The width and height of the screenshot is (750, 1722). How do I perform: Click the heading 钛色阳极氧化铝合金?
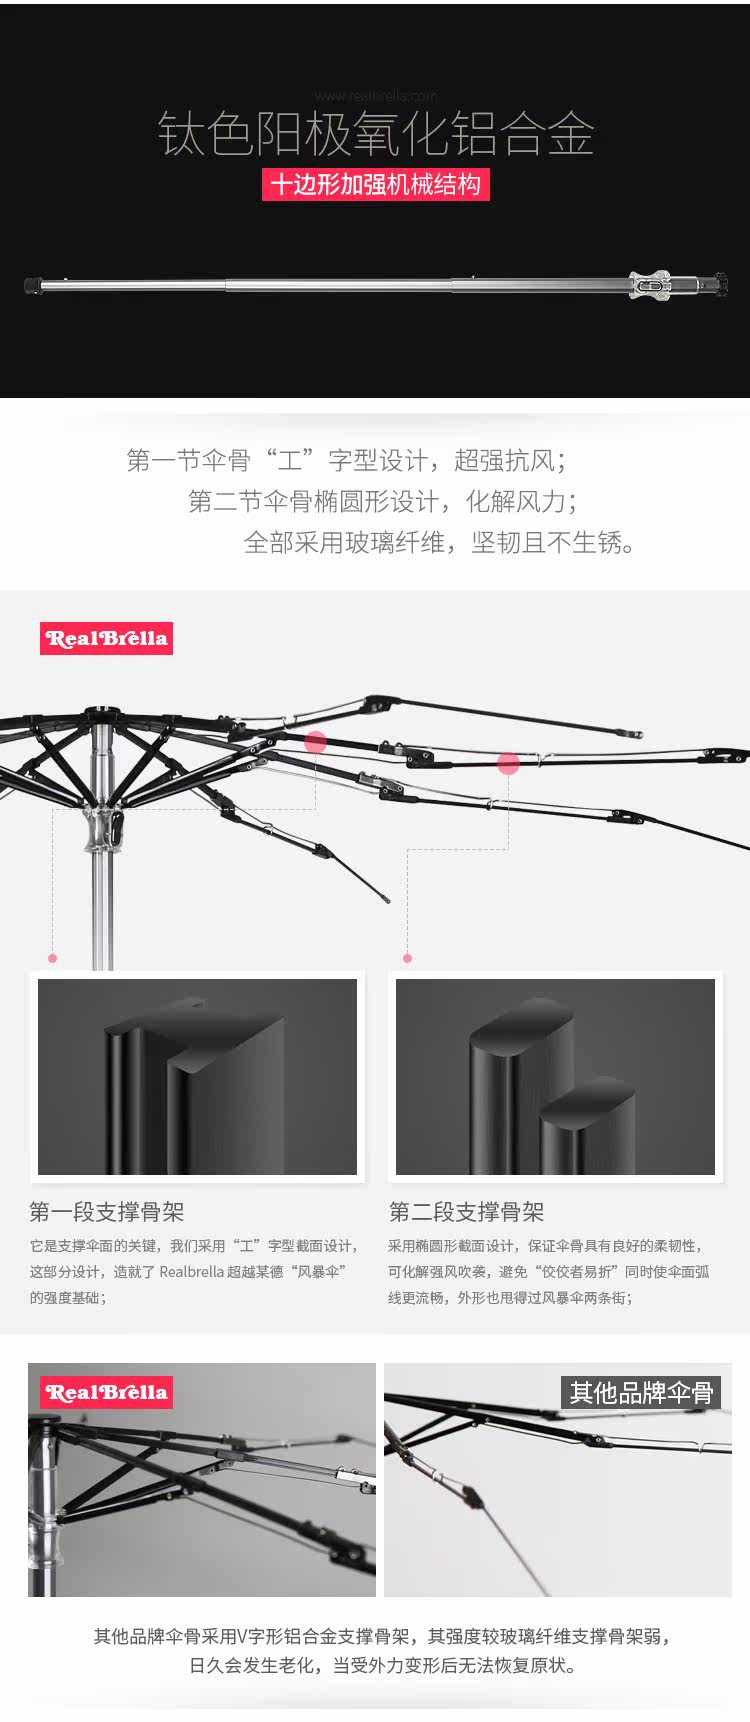click(x=376, y=134)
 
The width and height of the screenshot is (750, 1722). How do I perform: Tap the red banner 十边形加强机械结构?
click(x=376, y=185)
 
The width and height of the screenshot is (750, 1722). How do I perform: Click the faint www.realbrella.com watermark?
click(x=376, y=96)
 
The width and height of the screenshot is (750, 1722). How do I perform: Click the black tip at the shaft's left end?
click(x=32, y=286)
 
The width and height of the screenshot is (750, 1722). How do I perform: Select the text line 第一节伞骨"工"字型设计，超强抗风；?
click(x=347, y=460)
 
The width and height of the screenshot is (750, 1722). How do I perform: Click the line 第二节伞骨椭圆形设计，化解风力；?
click(x=383, y=501)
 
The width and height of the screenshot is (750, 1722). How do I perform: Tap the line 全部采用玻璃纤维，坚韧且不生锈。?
click(x=440, y=542)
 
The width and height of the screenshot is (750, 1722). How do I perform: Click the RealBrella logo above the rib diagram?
click(x=106, y=639)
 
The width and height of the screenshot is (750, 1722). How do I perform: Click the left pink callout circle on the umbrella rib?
click(x=316, y=742)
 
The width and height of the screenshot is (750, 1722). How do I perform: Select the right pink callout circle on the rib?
click(x=508, y=764)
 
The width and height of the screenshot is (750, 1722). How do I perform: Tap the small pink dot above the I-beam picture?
click(x=53, y=958)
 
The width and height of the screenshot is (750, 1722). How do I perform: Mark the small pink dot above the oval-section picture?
click(x=407, y=958)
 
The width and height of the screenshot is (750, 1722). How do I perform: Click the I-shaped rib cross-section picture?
click(x=197, y=1076)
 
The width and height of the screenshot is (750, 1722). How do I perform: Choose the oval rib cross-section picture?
click(x=555, y=1076)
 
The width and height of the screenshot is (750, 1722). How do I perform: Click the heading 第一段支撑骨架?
click(x=107, y=1212)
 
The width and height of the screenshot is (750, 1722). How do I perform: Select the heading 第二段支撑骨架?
click(x=466, y=1212)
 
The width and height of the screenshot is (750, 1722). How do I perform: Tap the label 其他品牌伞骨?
click(x=641, y=1392)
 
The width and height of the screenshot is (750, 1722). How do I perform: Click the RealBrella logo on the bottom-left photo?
click(x=106, y=1392)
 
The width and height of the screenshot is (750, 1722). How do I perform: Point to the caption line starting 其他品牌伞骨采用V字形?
click(x=382, y=1636)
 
